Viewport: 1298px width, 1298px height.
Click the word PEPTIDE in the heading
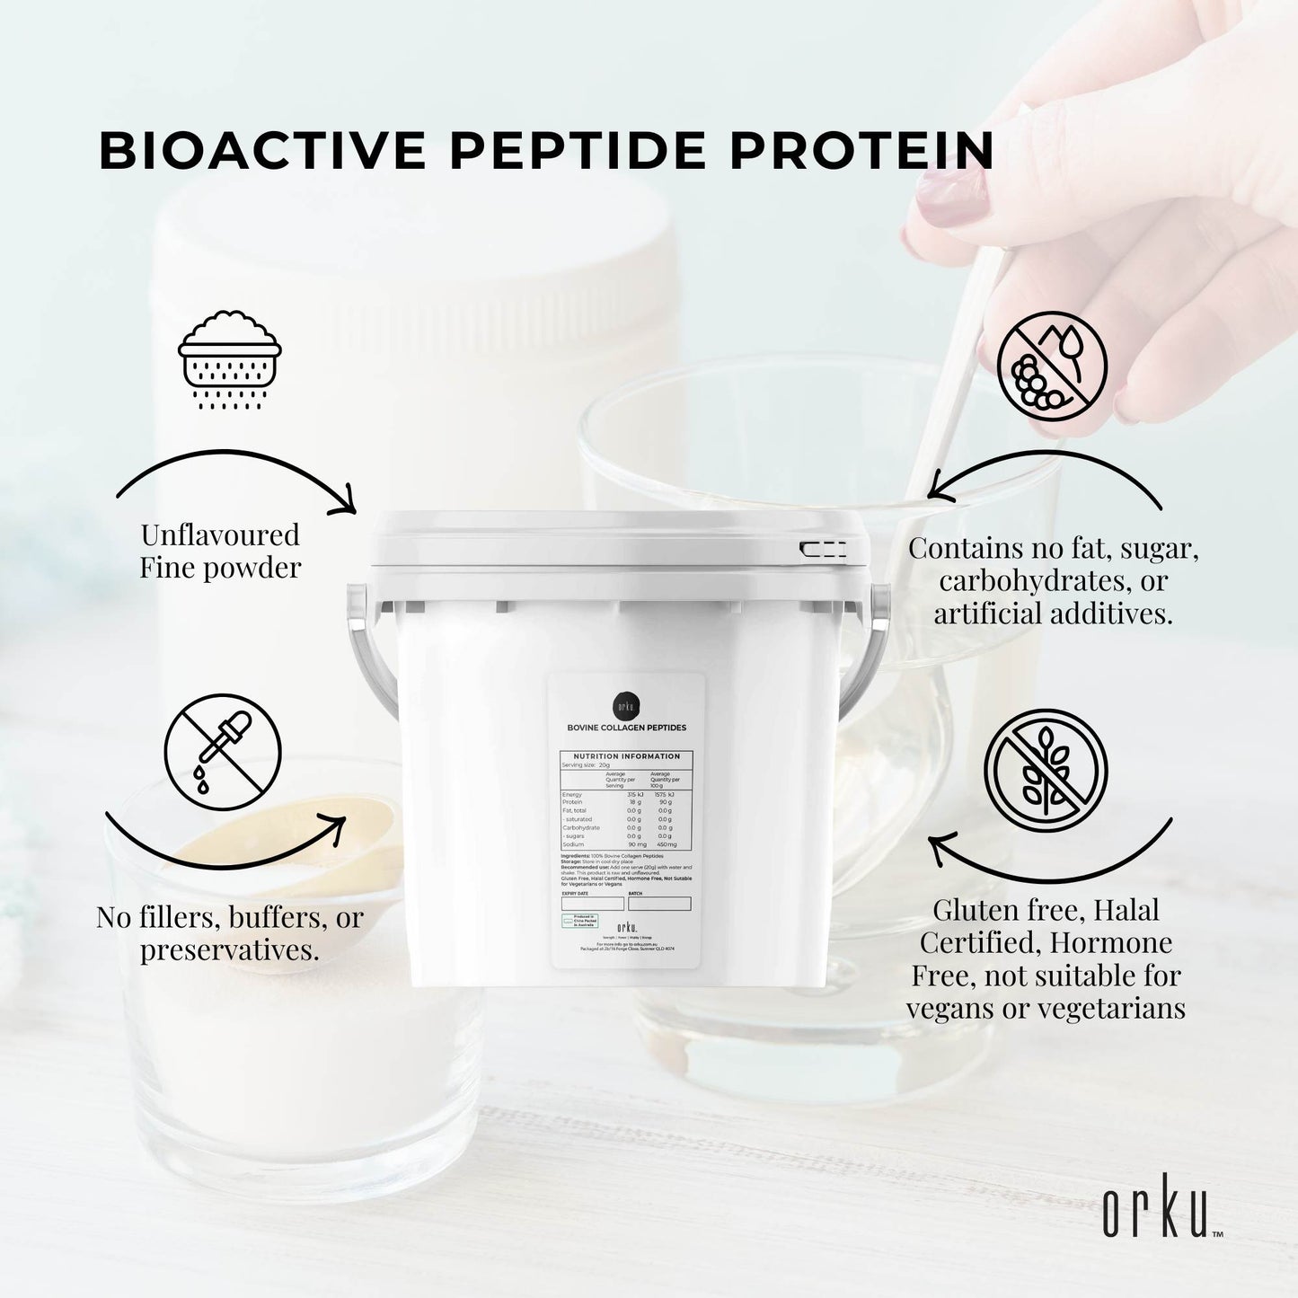click(x=579, y=151)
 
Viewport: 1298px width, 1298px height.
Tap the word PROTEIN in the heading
click(x=861, y=151)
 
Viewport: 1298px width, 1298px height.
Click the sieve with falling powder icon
click(x=230, y=359)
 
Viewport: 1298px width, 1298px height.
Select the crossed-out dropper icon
click(x=223, y=753)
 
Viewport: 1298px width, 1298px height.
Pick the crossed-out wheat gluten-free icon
click(x=1046, y=770)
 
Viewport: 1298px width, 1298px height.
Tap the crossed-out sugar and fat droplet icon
click(x=1052, y=366)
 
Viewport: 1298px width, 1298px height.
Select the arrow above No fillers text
click(x=225, y=840)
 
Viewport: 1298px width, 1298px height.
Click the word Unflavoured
click(x=220, y=535)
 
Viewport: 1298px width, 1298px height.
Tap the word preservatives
click(x=229, y=950)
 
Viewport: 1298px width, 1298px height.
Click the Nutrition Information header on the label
click(x=626, y=756)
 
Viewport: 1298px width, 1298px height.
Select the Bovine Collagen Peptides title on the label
click(x=626, y=728)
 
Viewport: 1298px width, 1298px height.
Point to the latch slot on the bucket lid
click(x=823, y=550)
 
